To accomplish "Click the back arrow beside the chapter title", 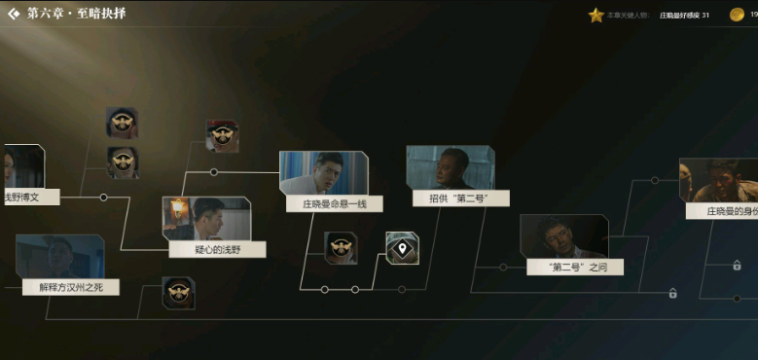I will pos(14,14).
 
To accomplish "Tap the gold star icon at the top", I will pos(596,16).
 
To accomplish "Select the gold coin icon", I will pos(738,15).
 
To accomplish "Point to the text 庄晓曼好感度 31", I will pos(684,16).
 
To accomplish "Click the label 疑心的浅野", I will pos(216,249).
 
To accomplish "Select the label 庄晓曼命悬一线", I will pos(334,204).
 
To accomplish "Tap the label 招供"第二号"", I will pos(450,198).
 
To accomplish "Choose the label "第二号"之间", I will pos(574,267).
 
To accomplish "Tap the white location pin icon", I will pos(402,247).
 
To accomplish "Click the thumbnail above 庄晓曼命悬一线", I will pos(324,172).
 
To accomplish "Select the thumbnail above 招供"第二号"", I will pos(450,167).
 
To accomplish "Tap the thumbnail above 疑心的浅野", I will pos(206,218).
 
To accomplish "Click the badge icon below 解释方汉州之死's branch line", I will pos(178,293).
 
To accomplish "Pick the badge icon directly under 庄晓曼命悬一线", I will pos(341,247).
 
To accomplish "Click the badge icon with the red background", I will pos(222,135).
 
